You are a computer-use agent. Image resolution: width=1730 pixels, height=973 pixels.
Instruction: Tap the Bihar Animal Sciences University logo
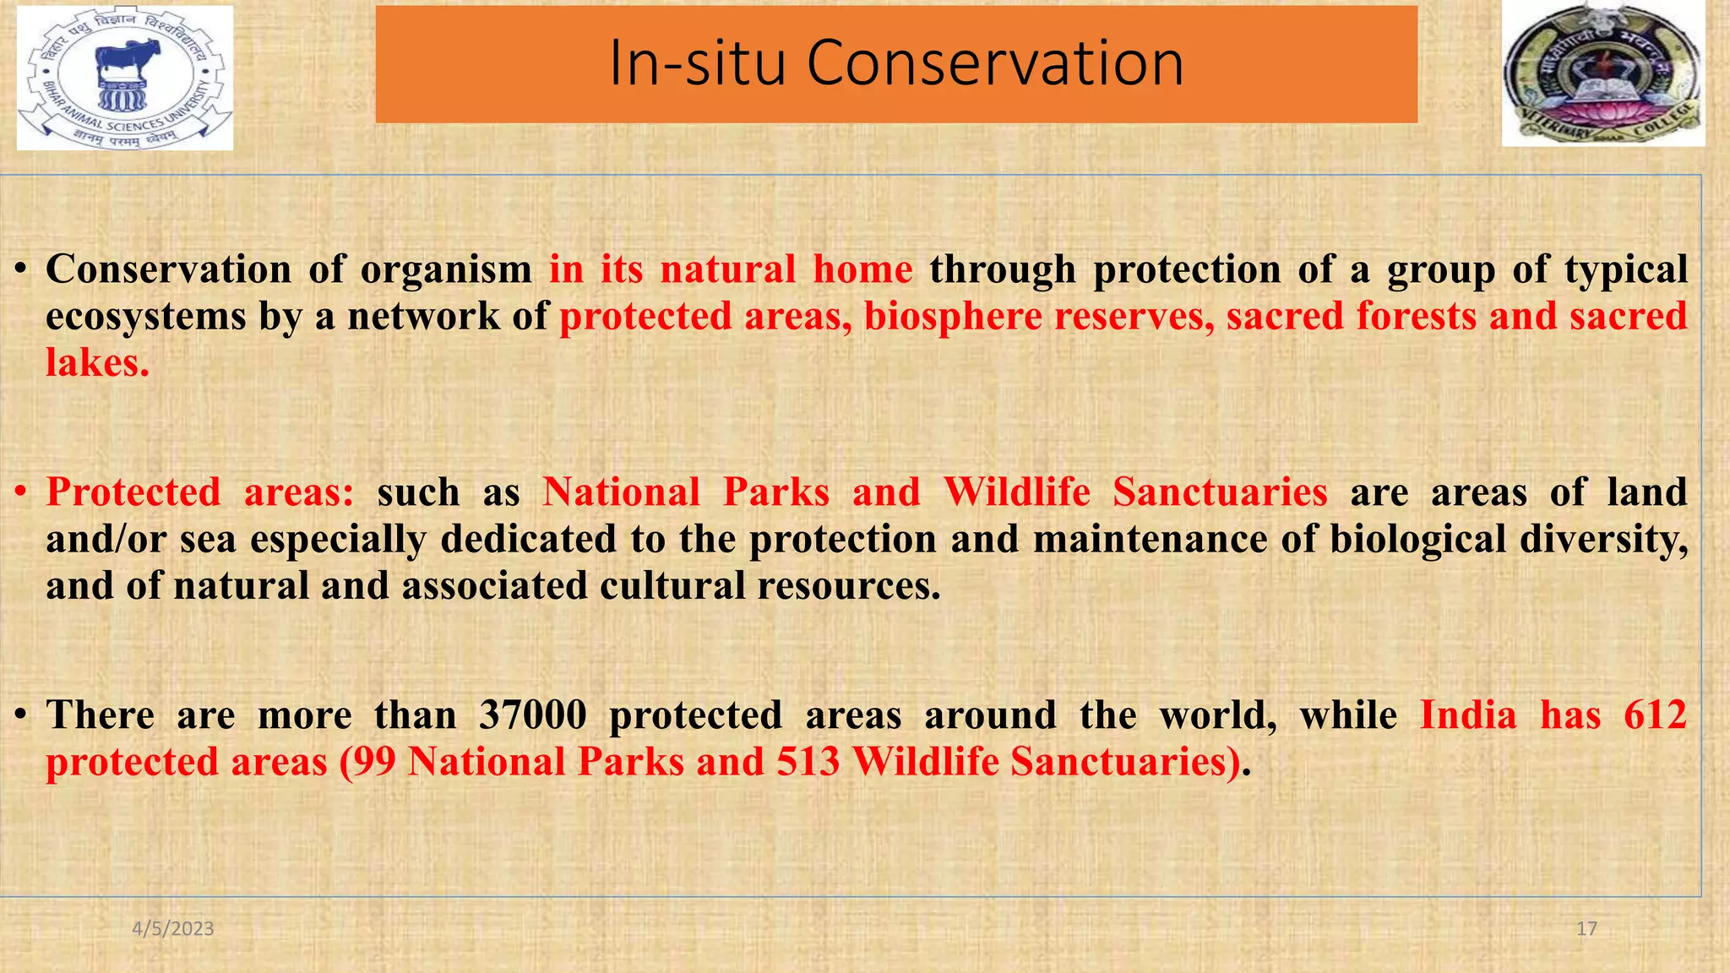point(125,79)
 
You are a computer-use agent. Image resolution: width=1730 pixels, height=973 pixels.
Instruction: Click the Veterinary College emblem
point(1602,73)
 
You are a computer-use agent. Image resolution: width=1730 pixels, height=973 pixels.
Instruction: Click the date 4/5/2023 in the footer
point(173,929)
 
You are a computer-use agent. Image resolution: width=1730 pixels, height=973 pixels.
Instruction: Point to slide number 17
point(1586,929)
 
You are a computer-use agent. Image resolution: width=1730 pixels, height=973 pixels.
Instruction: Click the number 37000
point(532,715)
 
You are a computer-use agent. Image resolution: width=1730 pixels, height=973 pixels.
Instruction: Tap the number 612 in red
point(1655,715)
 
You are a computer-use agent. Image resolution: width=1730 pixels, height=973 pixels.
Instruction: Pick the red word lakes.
point(97,363)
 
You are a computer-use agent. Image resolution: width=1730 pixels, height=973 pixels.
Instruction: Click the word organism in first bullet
point(446,270)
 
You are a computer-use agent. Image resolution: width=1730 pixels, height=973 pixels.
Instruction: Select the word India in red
point(1468,715)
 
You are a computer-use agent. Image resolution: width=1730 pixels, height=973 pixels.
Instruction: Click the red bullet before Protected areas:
point(22,492)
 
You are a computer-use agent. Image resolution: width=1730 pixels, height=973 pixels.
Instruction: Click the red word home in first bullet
point(862,270)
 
